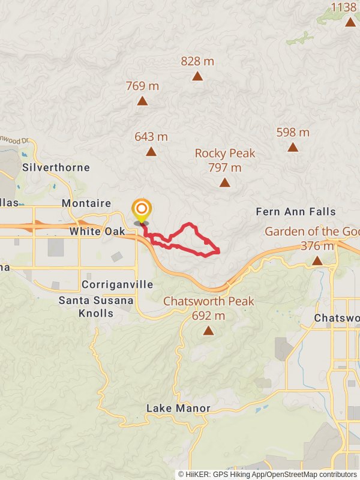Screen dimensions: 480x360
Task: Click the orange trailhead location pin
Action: pos(142,211)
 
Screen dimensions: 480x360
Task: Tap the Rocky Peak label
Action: pos(225,154)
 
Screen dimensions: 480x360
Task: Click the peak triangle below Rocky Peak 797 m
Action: pos(224,183)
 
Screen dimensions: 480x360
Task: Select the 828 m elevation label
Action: pos(197,61)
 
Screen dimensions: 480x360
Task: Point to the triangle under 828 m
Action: pos(197,76)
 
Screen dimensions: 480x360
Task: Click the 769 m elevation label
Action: pos(142,86)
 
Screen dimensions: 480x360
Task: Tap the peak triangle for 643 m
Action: pos(151,152)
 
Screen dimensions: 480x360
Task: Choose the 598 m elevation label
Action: pos(293,132)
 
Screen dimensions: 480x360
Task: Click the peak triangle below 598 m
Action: pos(293,147)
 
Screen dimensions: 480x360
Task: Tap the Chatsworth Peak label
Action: pos(209,301)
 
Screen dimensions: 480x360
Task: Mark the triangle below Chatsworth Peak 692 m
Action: pos(208,331)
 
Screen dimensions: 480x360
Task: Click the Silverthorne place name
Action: pos(56,167)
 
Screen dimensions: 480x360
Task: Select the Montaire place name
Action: pos(86,203)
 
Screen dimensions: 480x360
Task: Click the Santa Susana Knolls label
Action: pos(96,306)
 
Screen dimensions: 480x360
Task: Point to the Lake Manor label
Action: pos(178,409)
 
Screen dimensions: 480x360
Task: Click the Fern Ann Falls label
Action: pos(296,212)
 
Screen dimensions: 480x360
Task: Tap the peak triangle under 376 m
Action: pos(317,261)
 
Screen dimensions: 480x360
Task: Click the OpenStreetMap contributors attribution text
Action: pos(313,474)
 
